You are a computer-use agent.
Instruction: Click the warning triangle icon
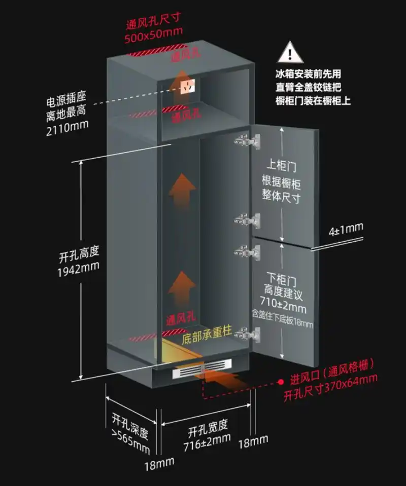[x=289, y=52]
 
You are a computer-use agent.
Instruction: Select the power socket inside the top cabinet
[x=188, y=87]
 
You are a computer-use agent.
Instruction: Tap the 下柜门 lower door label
[x=282, y=278]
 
